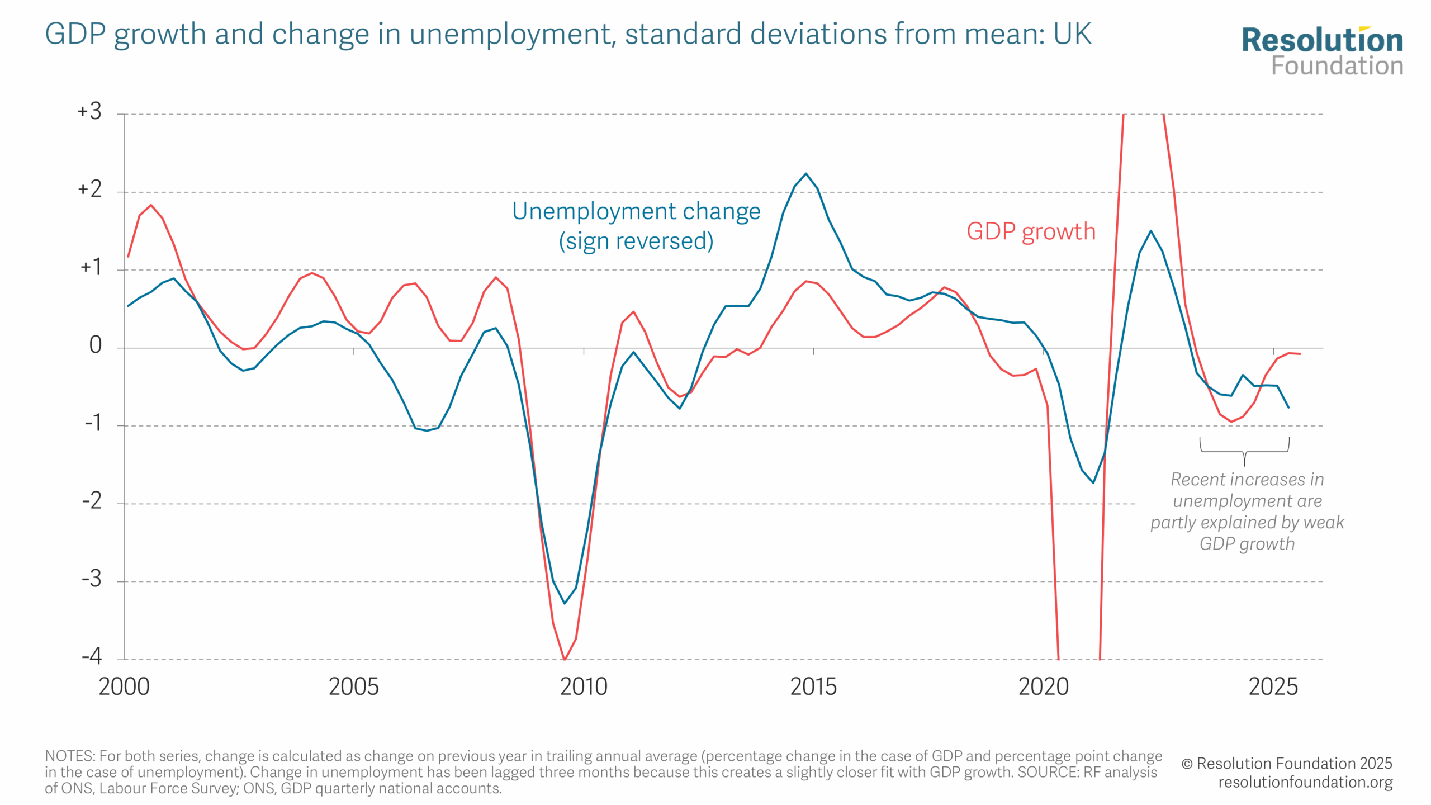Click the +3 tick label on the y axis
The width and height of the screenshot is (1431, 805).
tap(90, 112)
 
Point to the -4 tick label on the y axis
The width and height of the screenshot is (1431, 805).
tap(92, 656)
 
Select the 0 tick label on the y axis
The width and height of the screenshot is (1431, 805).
tap(96, 345)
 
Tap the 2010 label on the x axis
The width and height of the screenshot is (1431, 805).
tap(584, 687)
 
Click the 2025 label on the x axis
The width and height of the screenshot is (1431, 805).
tap(1273, 687)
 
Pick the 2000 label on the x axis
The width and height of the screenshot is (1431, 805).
tap(124, 687)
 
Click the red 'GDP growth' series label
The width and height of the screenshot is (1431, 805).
tap(1031, 231)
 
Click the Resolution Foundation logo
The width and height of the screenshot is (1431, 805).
tap(1322, 51)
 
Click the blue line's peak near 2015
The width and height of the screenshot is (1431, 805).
tap(805, 174)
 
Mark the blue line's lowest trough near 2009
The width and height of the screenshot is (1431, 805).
tap(565, 603)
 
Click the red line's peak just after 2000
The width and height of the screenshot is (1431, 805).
tap(151, 205)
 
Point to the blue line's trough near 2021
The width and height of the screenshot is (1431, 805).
tap(1093, 482)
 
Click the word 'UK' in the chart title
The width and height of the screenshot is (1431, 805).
tap(1072, 34)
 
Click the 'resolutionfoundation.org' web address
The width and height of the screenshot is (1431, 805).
tap(1305, 782)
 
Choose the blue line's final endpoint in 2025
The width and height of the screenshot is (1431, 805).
tap(1288, 408)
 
